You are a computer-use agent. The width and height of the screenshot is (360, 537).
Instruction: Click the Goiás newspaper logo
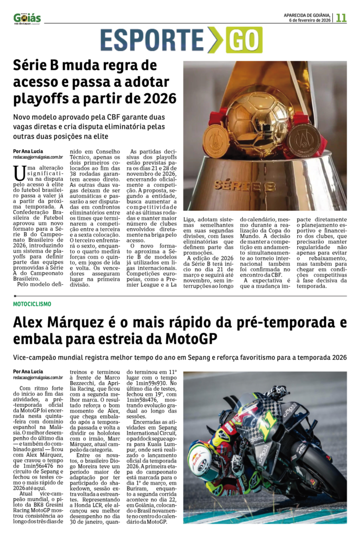coord(27,18)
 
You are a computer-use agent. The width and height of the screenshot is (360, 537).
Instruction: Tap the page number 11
coord(341,17)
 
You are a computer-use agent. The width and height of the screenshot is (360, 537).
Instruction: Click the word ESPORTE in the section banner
coord(152,40)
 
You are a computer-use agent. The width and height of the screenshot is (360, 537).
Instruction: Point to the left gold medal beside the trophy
coord(216,141)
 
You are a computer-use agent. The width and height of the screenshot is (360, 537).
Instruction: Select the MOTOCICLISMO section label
coord(32,304)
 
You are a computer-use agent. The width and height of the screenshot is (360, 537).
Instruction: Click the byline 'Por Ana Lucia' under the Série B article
coord(28,151)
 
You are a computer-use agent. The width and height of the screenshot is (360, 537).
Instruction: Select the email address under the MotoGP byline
coord(38,377)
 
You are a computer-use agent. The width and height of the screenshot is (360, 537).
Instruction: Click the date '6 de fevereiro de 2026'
coord(310,20)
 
